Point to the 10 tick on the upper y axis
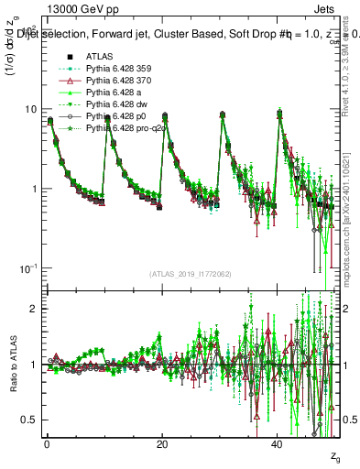[x=30, y=109]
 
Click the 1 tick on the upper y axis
[x=33, y=189]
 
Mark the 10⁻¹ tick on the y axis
[x=28, y=267]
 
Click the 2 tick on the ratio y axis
[x=33, y=309]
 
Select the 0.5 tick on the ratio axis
[x=29, y=420]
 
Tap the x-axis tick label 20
[x=162, y=443]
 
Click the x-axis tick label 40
[x=278, y=443]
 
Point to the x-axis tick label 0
[x=47, y=443]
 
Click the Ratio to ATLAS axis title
[x=12, y=364]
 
